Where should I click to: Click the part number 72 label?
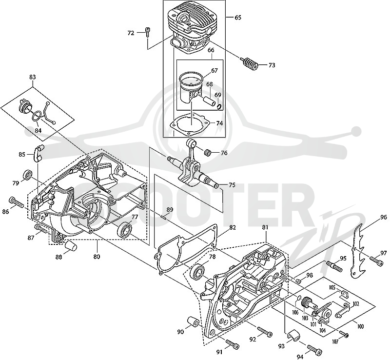click(x=131, y=33)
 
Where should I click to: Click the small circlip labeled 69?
click(x=219, y=107)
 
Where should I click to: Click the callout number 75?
click(x=232, y=185)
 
